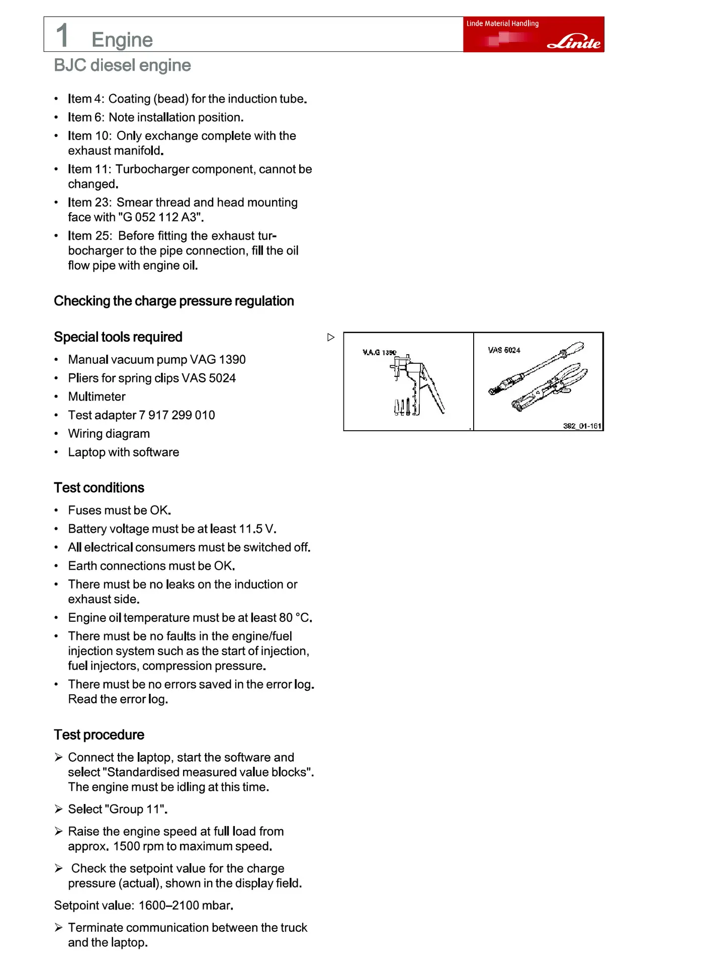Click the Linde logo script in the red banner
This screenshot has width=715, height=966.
tap(574, 42)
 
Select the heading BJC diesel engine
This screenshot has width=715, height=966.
tap(122, 65)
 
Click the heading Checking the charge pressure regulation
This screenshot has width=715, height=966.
tap(174, 301)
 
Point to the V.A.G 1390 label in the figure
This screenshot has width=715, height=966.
tap(379, 352)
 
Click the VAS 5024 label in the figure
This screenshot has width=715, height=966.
tap(504, 350)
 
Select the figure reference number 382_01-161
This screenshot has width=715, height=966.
tap(582, 426)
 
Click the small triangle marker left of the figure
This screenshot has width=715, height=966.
tap(330, 337)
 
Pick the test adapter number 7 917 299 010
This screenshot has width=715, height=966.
tap(176, 415)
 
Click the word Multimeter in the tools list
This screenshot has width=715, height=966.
tap(97, 396)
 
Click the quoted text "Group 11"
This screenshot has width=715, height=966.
tap(135, 809)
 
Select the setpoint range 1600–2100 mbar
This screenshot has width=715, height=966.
tap(185, 906)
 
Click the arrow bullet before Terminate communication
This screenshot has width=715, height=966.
tap(59, 927)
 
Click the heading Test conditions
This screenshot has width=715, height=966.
tap(99, 488)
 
